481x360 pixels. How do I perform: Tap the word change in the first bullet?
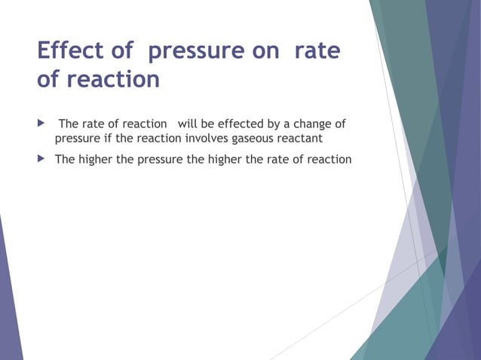pos(308,124)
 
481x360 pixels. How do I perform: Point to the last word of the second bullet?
pos(330,160)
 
